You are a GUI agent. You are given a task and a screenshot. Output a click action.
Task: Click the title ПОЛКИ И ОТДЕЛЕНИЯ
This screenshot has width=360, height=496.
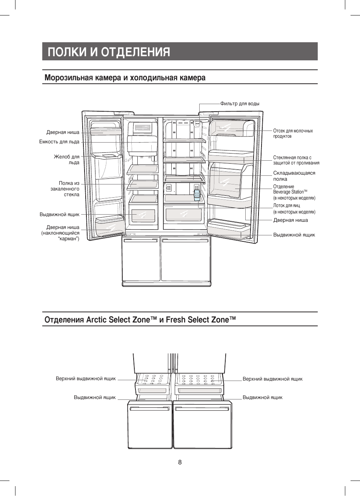[x=109, y=52]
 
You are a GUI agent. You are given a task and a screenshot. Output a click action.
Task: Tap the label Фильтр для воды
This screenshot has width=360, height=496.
[x=240, y=104]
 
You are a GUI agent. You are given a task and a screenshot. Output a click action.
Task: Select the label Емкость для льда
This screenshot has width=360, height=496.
[x=59, y=142]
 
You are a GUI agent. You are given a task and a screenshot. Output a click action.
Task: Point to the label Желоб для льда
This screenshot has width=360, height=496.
[x=67, y=160]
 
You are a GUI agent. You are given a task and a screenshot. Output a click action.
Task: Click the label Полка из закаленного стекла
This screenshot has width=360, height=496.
[x=65, y=189]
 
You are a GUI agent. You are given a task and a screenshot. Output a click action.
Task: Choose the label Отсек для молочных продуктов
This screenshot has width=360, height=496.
[x=293, y=134]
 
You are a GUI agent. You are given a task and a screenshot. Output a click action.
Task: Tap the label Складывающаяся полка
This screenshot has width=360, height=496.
[x=294, y=176]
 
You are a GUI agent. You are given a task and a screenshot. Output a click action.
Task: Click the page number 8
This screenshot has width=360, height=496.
[x=180, y=462]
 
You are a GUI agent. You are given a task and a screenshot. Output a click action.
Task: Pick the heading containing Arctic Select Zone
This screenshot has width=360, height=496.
[x=140, y=320]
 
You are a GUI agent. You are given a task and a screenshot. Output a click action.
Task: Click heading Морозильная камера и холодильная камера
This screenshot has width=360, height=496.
[x=125, y=78]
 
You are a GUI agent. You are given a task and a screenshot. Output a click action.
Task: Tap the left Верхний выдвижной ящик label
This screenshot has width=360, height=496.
[x=86, y=379]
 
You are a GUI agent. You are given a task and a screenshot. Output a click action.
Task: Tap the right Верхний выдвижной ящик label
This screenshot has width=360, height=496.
[x=272, y=379]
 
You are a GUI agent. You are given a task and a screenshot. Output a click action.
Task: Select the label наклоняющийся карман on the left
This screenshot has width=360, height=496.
[x=60, y=233]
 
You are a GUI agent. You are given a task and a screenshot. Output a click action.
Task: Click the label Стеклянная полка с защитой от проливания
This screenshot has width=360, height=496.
[x=296, y=160]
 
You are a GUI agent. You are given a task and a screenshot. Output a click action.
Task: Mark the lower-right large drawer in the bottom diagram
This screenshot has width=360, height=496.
[x=202, y=425]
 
